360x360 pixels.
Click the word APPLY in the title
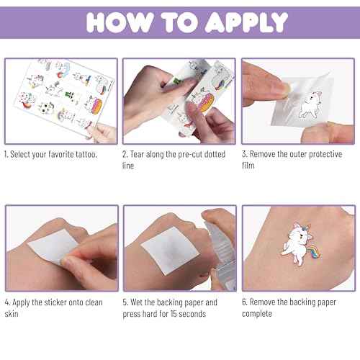coord(246,22)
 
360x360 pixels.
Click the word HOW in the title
coord(120,22)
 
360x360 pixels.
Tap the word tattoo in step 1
coord(86,154)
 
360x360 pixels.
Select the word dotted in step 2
coord(215,154)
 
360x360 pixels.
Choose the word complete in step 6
coord(257,314)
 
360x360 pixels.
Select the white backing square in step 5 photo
coord(170,251)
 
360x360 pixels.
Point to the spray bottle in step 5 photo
coord(222,254)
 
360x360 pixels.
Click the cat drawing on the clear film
coord(310,104)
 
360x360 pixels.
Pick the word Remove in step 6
coord(262,302)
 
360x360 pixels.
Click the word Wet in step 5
coord(137,302)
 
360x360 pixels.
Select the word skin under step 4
coord(12,314)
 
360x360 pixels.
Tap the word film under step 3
coord(248,166)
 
